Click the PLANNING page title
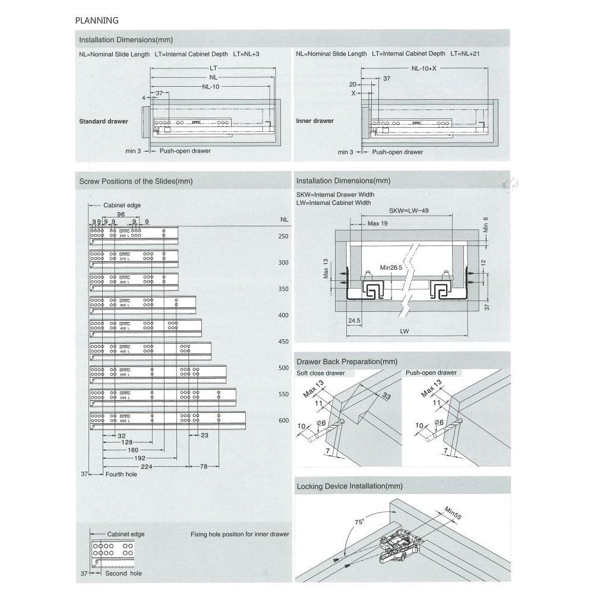97,20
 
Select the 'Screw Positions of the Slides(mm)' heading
136,181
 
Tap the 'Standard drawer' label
103,121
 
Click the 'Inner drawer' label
315,121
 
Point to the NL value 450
283,342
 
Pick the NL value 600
283,421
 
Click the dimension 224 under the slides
147,467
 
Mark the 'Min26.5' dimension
392,268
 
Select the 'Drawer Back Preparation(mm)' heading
346,361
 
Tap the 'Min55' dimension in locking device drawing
453,514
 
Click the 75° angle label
359,522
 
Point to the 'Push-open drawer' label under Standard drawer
185,151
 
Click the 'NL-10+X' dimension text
424,68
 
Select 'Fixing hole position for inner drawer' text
239,535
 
